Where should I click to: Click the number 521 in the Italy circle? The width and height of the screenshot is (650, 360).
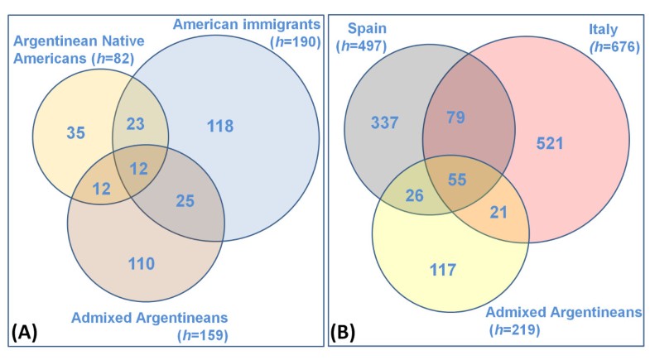[x=550, y=144]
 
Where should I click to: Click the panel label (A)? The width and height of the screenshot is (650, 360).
[x=24, y=334]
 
